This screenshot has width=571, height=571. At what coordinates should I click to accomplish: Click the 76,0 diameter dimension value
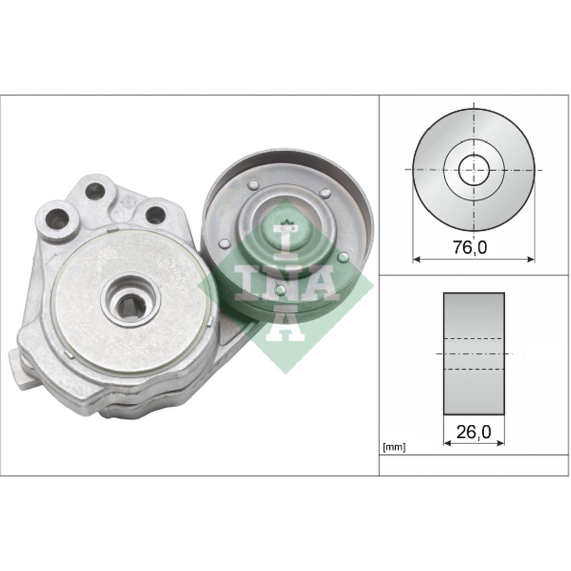point(470,248)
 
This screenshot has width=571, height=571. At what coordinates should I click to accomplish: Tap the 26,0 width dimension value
point(473,432)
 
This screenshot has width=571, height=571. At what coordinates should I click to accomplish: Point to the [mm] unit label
point(394,447)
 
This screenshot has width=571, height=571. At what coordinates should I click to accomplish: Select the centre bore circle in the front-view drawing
point(474,170)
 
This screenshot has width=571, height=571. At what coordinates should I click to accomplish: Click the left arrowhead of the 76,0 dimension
point(416,259)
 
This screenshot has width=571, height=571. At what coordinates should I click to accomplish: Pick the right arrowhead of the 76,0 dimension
point(531,259)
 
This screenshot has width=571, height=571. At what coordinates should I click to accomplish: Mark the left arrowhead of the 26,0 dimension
point(448,443)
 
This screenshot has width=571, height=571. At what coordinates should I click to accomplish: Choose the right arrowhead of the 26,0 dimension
point(501,443)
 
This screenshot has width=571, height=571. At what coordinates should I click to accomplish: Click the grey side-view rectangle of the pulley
point(474,353)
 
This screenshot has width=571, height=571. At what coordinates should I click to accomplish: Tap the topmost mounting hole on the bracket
point(95,191)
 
